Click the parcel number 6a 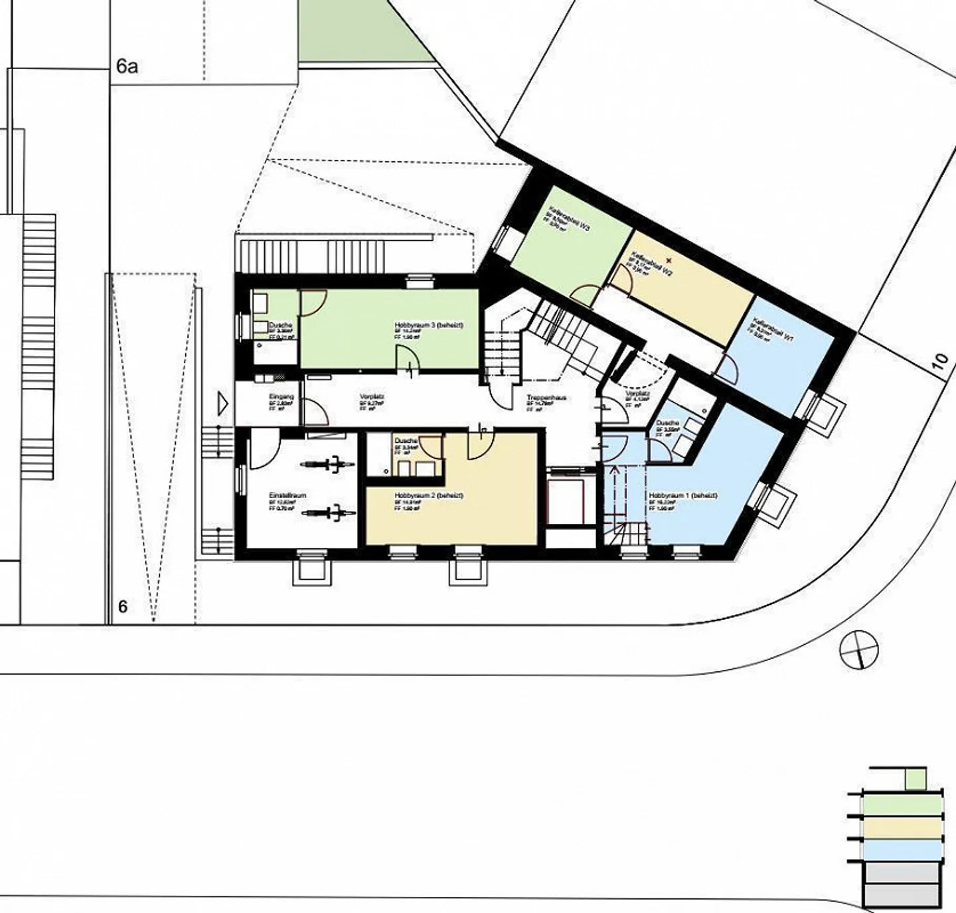coord(127,66)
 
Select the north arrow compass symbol coord(858,649)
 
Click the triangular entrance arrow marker coord(223,403)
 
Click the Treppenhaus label coord(546,398)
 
